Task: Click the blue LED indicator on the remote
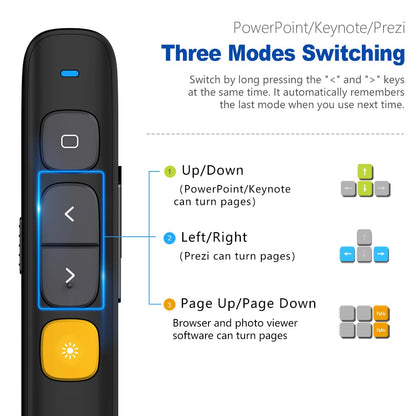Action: [x=69, y=73]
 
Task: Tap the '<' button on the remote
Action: [x=69, y=213]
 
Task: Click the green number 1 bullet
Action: [x=169, y=172]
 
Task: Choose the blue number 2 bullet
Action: [x=169, y=238]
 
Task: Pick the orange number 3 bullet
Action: [x=169, y=304]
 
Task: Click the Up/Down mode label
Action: [x=213, y=171]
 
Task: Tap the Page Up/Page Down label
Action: [x=249, y=303]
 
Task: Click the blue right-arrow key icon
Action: [x=382, y=254]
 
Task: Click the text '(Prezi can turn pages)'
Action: [x=237, y=256]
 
